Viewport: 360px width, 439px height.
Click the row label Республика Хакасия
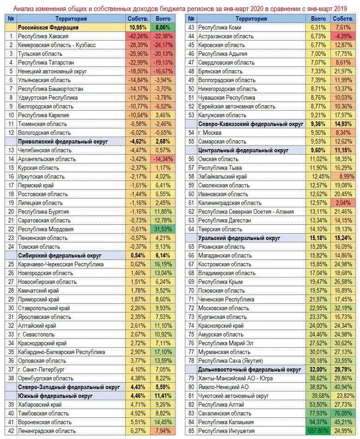click(x=43, y=36)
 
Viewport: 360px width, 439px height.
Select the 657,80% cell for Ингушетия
click(x=318, y=431)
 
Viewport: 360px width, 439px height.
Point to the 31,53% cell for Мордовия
click(x=163, y=229)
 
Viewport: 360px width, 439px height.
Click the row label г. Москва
click(x=211, y=132)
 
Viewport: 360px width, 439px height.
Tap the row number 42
click(x=10, y=431)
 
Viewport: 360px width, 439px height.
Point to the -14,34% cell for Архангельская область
click(x=163, y=159)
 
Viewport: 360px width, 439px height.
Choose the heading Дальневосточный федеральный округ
click(x=249, y=369)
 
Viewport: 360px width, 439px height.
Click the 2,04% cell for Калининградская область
click(x=343, y=203)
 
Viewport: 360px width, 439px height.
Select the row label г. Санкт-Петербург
click(x=41, y=369)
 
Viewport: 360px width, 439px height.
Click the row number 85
click(x=190, y=431)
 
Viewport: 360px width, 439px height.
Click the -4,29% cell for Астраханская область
click(x=343, y=36)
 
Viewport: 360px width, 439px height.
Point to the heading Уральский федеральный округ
click(x=239, y=238)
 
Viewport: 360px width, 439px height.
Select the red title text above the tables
click(x=179, y=8)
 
